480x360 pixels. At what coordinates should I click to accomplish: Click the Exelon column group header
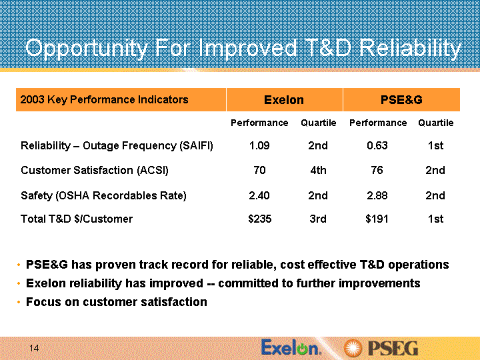(x=284, y=100)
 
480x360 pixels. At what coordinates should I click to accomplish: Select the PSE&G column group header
(x=401, y=100)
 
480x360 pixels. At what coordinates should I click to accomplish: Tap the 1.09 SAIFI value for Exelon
(x=259, y=145)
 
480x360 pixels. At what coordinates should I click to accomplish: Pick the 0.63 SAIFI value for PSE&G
(x=377, y=145)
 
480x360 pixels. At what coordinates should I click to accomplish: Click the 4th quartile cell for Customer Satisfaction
(x=318, y=170)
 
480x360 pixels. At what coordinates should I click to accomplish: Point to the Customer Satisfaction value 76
(x=377, y=170)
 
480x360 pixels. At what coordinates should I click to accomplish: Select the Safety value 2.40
(x=259, y=195)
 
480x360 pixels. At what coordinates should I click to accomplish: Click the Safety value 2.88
(x=377, y=195)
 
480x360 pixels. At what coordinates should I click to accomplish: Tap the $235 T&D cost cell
(x=259, y=219)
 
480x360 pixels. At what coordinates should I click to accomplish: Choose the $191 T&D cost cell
(x=377, y=219)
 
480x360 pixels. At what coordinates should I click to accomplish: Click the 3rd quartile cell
(x=318, y=219)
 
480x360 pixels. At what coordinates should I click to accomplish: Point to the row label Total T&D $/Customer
(x=77, y=219)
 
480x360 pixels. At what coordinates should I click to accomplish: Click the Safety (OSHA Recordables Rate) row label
(x=103, y=195)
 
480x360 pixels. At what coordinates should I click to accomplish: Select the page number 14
(x=34, y=348)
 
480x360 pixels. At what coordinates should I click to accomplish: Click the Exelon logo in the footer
(x=291, y=348)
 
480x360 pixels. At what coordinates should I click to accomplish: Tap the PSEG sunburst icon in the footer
(x=353, y=349)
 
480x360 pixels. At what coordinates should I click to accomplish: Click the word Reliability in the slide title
(x=410, y=49)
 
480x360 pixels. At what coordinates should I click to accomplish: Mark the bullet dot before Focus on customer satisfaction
(x=19, y=302)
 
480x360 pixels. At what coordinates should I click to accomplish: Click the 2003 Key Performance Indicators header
(x=104, y=100)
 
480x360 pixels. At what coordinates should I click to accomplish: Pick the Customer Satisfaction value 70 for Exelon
(x=259, y=170)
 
